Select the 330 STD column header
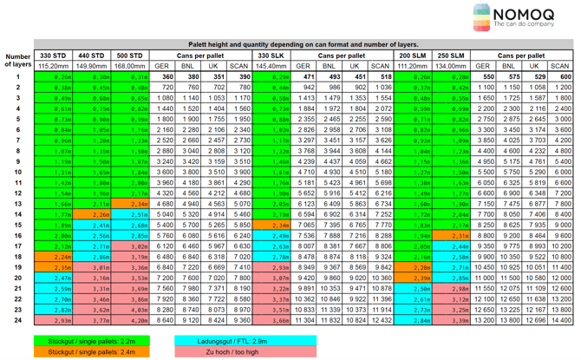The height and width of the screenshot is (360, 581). [53, 56]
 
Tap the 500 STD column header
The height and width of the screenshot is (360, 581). [129, 56]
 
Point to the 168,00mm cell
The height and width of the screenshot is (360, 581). [129, 66]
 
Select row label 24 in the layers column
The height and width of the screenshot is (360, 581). [16, 320]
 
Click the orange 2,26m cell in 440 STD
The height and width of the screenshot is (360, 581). [91, 213]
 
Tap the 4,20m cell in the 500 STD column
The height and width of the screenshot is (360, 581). [129, 320]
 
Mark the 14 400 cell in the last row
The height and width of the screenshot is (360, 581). [560, 320]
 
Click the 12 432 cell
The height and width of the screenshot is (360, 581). [381, 320]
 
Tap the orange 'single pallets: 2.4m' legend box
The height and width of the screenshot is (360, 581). [83, 353]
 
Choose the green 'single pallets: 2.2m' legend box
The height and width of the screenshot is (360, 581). [83, 342]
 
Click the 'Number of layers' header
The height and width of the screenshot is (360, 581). [16, 59]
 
